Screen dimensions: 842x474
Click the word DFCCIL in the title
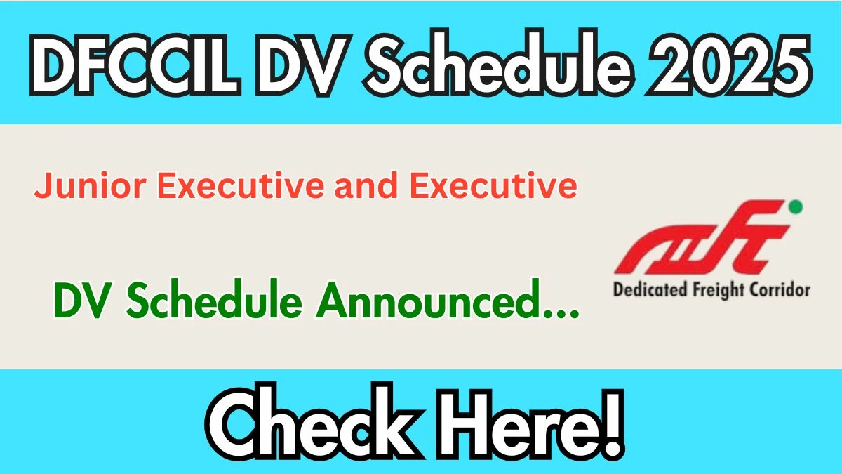[x=135, y=64]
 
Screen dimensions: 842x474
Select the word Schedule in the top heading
[x=499, y=62]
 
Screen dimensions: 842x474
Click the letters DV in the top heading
[x=304, y=64]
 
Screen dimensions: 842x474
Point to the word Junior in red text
[x=91, y=186]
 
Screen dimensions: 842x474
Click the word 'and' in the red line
[x=366, y=185]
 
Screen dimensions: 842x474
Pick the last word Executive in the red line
[x=493, y=185]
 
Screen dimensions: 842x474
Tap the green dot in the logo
[x=796, y=207]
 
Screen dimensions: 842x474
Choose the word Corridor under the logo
[x=780, y=291]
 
